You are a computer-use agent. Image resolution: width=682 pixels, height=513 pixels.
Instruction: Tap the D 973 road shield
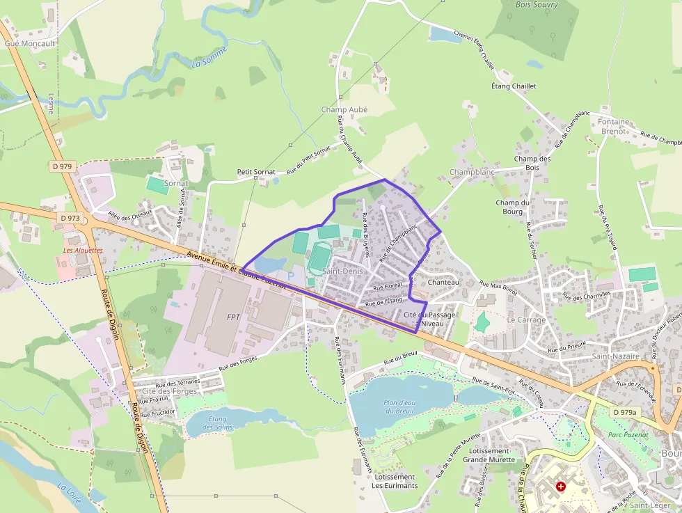pos(71,218)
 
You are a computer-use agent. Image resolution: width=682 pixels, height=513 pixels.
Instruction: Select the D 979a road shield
pos(624,412)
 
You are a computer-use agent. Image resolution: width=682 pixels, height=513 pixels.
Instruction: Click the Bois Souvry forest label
pos(537,5)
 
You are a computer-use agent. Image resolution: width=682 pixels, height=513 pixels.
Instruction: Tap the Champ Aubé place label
pos(344,109)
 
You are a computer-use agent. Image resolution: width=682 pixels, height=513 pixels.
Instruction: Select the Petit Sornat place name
pos(256,171)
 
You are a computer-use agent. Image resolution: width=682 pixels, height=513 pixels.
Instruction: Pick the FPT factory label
pos(233,317)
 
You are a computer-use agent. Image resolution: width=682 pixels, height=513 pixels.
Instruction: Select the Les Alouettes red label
pos(83,250)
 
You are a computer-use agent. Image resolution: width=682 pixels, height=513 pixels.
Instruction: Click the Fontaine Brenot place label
pos(613,126)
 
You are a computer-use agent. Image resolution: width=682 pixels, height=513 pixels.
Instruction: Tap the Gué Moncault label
pos(30,43)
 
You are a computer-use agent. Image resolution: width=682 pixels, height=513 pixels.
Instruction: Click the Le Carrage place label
pos(527,320)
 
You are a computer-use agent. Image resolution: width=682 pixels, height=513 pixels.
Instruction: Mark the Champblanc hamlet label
pos(472,172)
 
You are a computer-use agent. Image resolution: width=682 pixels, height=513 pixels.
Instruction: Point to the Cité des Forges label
pos(169,391)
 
